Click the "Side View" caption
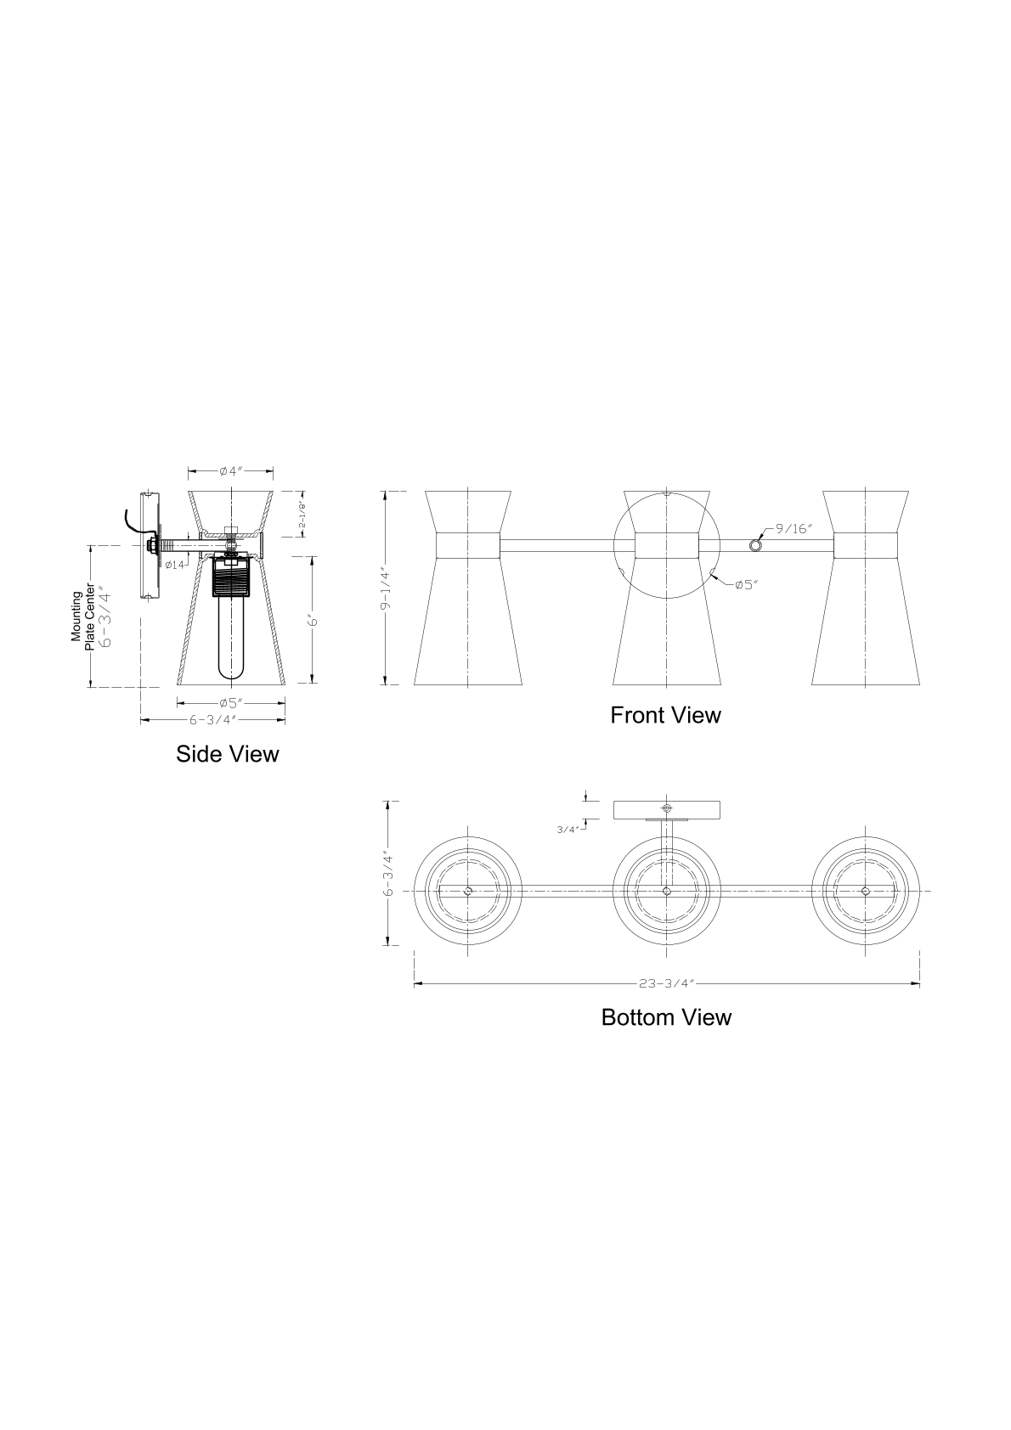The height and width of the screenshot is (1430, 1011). (227, 754)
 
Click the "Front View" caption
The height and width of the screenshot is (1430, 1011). (665, 715)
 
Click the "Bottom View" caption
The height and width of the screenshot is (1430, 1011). (666, 1017)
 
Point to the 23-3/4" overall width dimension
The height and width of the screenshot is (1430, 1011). (667, 984)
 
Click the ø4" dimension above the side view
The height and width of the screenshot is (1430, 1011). (230, 470)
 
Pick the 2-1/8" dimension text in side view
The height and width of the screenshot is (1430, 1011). (302, 515)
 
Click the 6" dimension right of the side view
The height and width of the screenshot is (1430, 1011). (313, 621)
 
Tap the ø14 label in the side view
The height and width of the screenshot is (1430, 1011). (175, 564)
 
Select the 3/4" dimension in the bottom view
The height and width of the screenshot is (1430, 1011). (568, 829)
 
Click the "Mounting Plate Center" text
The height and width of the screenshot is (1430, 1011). (82, 616)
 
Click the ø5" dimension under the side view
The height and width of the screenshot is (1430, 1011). (231, 703)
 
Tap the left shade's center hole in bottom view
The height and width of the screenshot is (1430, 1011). (468, 891)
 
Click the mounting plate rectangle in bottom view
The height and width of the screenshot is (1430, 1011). (666, 809)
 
